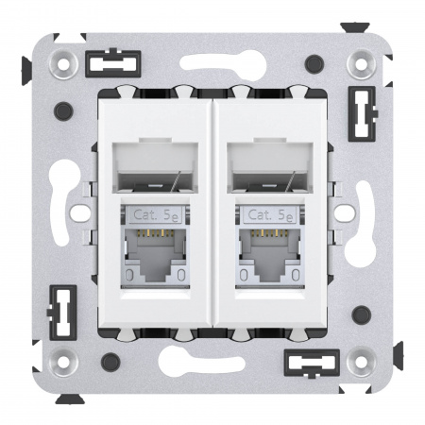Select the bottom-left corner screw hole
(x=65, y=360)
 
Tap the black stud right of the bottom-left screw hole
(x=110, y=360)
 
